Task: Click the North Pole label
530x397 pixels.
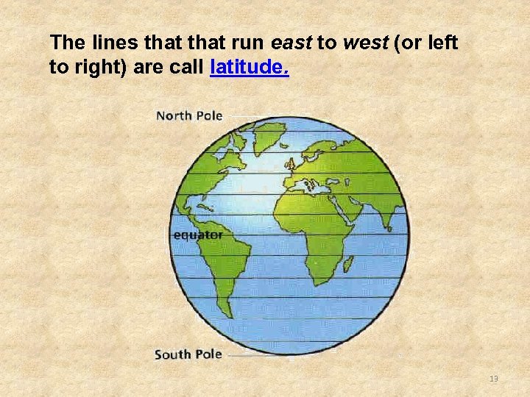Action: click(188, 115)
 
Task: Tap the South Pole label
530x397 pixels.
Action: click(188, 354)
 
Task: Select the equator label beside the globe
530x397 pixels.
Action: click(197, 235)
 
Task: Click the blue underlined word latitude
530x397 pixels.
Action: click(250, 68)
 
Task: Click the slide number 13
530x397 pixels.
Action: click(493, 378)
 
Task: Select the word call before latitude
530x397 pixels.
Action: click(189, 68)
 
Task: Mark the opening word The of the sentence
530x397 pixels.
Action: click(63, 43)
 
